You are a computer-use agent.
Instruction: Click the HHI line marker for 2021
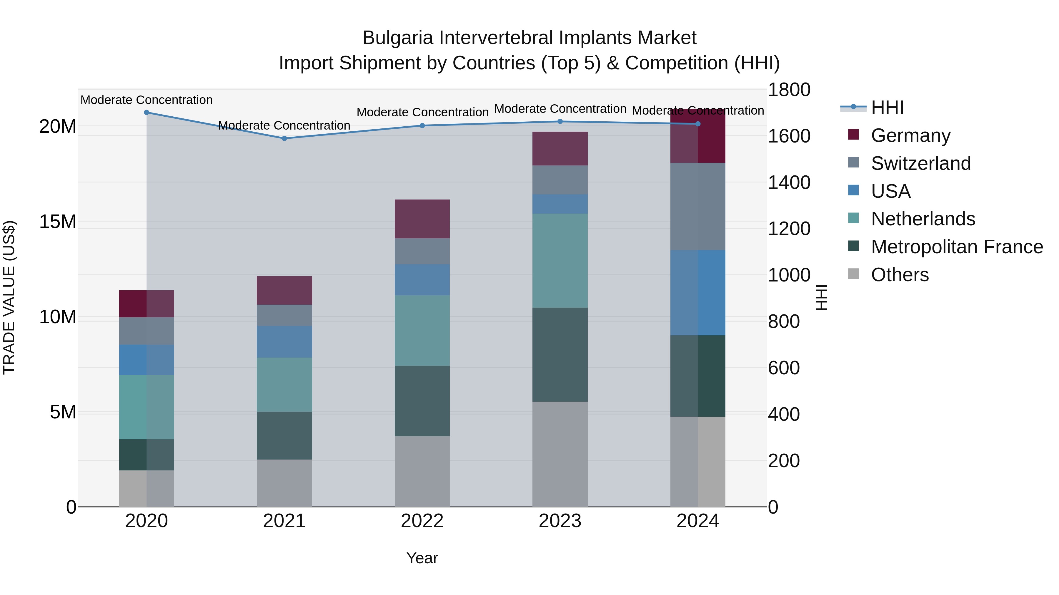click(284, 138)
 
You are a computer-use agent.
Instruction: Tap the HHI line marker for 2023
click(560, 122)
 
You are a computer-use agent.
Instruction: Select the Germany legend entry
click(910, 135)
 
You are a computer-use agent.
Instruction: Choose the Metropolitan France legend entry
click(957, 247)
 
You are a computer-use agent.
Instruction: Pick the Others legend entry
click(900, 275)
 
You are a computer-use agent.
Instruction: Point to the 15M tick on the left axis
click(58, 222)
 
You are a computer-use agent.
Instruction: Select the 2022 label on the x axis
click(422, 521)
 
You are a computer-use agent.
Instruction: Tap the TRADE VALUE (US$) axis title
click(9, 297)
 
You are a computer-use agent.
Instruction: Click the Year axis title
click(422, 558)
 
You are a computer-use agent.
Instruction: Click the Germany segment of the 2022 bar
click(422, 219)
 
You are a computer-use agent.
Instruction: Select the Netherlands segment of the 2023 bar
click(560, 260)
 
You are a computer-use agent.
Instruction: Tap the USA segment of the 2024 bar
click(698, 292)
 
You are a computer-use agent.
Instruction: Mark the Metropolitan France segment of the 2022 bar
click(422, 401)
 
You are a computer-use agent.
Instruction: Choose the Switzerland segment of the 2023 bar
click(560, 180)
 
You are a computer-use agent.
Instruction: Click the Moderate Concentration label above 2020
click(146, 100)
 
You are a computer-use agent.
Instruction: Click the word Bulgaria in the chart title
click(397, 38)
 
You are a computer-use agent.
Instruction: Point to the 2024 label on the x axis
click(698, 521)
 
